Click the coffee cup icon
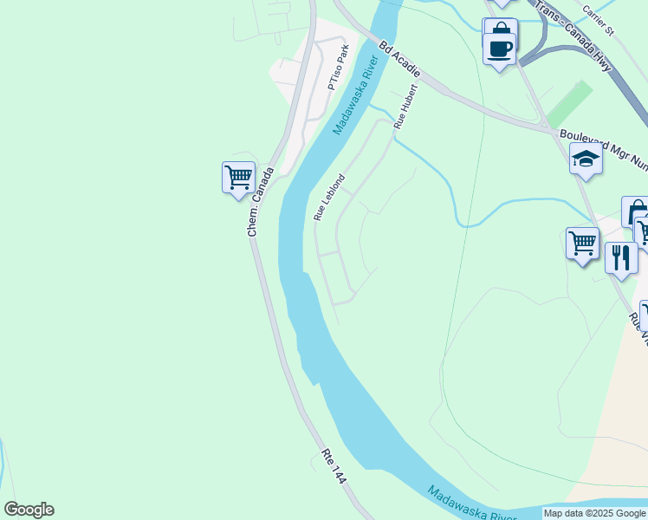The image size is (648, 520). pos(500,48)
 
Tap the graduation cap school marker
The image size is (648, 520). pos(586,159)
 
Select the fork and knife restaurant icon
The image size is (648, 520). pos(621,257)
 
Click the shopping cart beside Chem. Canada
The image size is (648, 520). pos(238,177)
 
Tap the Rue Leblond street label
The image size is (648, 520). pos(329,198)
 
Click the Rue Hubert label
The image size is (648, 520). pos(405,107)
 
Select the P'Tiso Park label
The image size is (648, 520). pos(338,68)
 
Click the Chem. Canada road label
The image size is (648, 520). pos(260,202)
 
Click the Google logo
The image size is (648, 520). pos(29,510)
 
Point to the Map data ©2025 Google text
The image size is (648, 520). pos(594,513)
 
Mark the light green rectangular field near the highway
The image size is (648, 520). pos(569,104)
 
